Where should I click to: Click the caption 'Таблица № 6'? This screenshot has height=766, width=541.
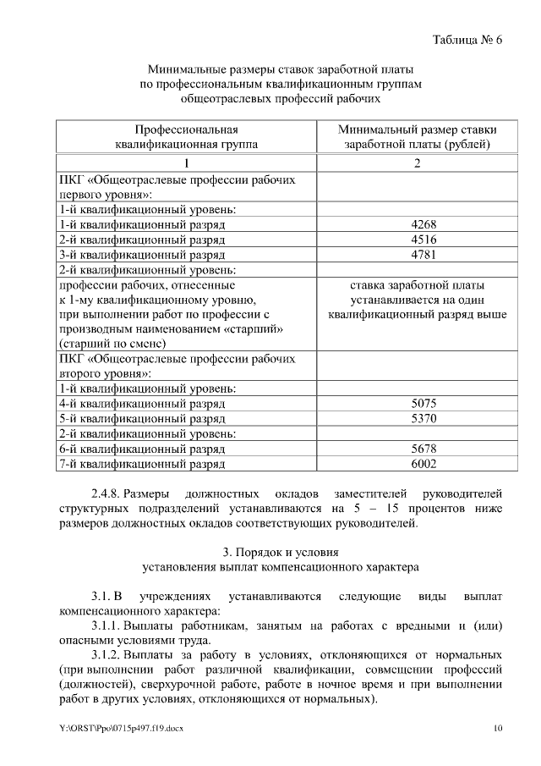pos(467,40)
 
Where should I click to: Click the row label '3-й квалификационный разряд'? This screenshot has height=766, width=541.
pos(141,255)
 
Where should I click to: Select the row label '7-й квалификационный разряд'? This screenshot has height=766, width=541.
pos(141,465)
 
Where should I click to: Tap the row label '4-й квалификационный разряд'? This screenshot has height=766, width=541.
pos(141,404)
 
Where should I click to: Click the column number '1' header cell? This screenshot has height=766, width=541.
pos(187,163)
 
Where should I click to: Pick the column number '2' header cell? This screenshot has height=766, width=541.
pos(418,163)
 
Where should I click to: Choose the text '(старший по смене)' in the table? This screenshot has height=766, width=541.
pos(112,344)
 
